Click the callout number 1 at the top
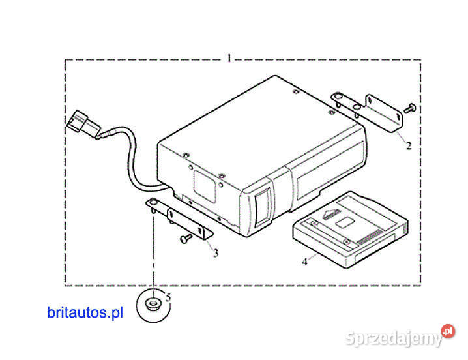pyautogui.click(x=229, y=58)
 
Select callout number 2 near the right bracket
pyautogui.click(x=409, y=145)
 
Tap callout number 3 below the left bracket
pyautogui.click(x=216, y=253)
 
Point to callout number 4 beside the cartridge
pyautogui.click(x=304, y=262)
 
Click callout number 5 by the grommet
pyautogui.click(x=168, y=297)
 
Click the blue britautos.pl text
pyautogui.click(x=85, y=312)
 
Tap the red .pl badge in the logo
pyautogui.click(x=448, y=331)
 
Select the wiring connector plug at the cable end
pyautogui.click(x=83, y=125)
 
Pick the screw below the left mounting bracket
pyautogui.click(x=186, y=238)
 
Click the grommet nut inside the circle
pyautogui.click(x=153, y=305)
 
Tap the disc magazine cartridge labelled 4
pyautogui.click(x=351, y=230)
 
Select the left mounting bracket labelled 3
pyautogui.click(x=179, y=217)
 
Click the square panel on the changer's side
pyautogui.click(x=205, y=185)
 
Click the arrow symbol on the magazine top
pyautogui.click(x=332, y=214)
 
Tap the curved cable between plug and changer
pyautogui.click(x=134, y=158)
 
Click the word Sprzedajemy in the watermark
pyautogui.click(x=394, y=338)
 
